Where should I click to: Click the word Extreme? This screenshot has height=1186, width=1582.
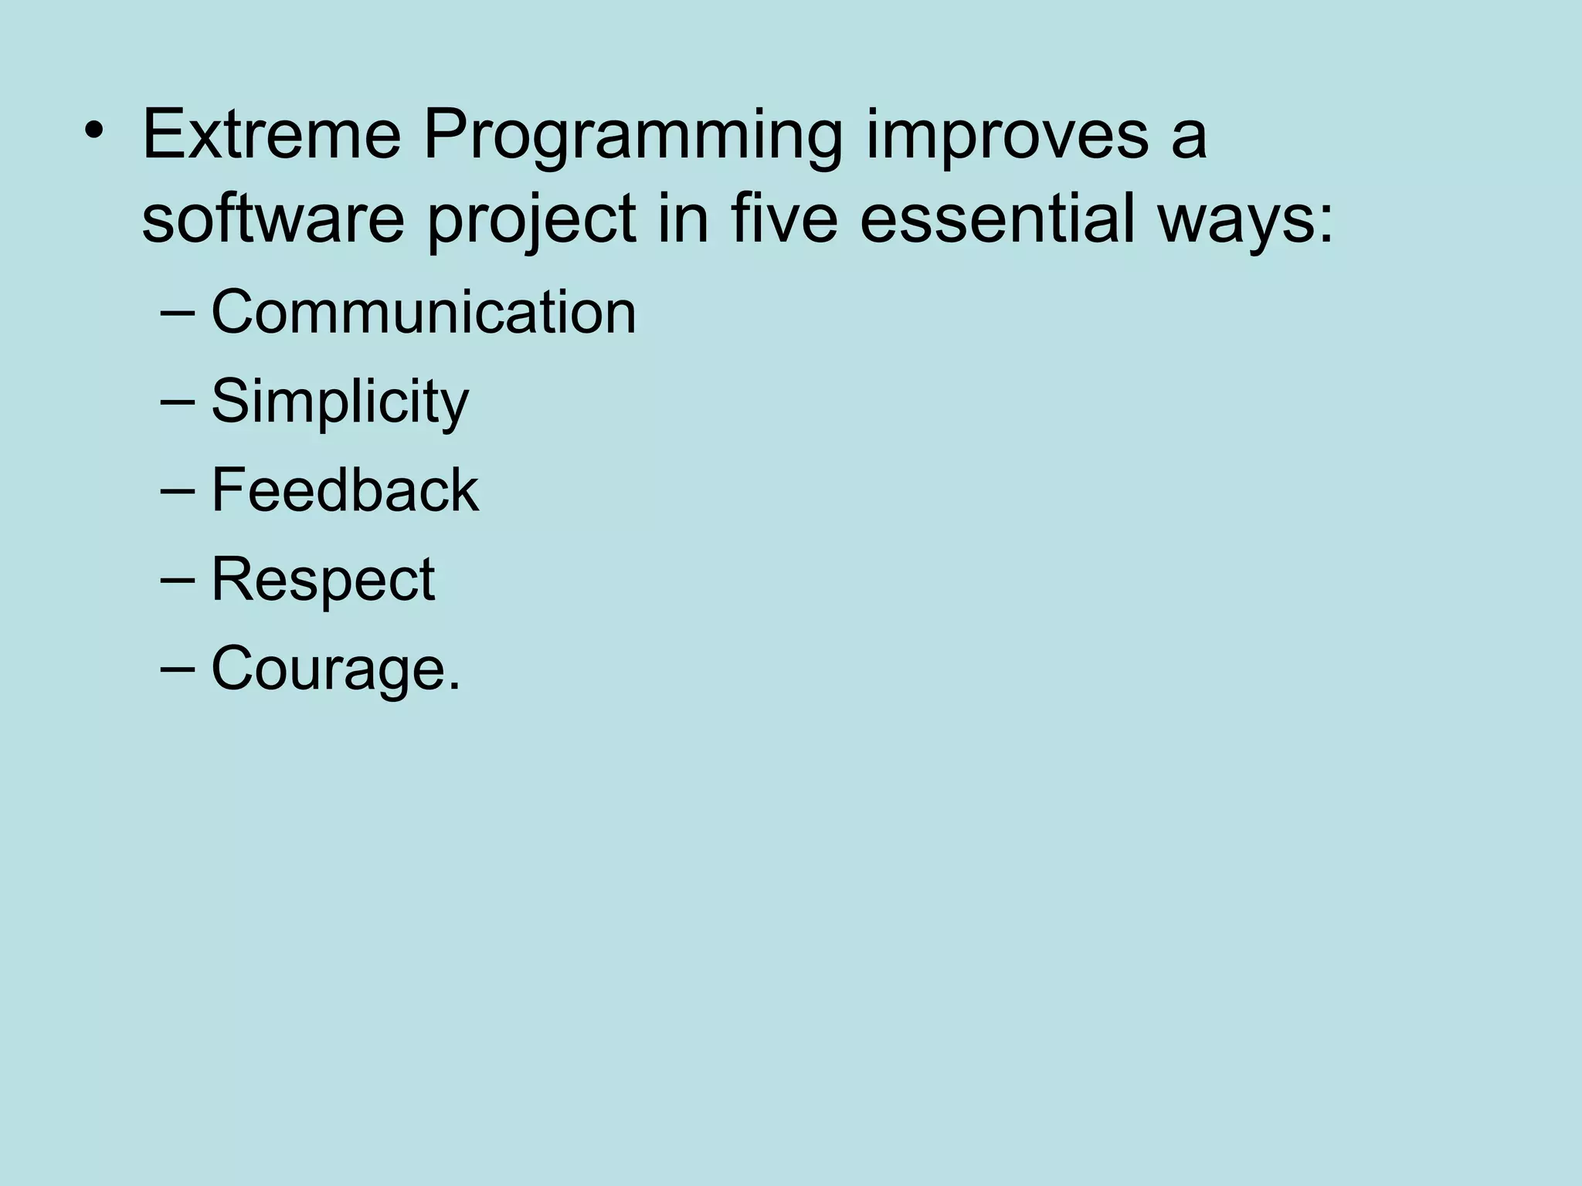[x=271, y=135]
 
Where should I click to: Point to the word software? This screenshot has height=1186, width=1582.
[x=273, y=219]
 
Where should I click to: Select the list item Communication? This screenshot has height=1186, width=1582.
[x=423, y=312]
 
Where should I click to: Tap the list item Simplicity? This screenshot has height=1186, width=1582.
[x=340, y=402]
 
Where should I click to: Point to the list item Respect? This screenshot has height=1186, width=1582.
[x=323, y=580]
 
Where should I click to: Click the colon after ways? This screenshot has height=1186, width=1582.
[x=1326, y=224]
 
